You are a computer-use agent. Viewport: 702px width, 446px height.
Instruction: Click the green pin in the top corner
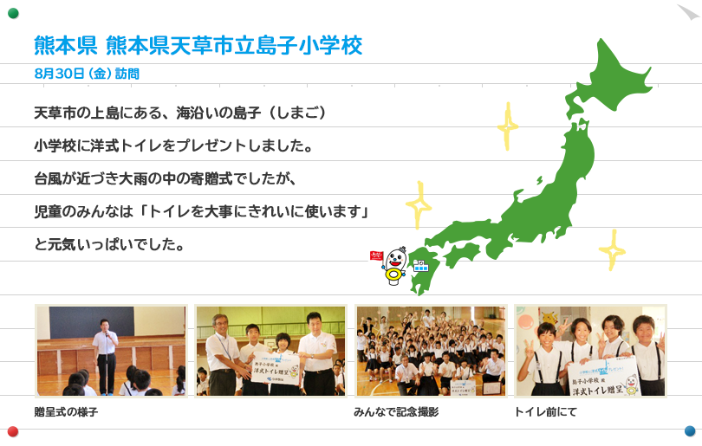13,13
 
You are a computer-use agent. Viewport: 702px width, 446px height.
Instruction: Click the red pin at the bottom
13,431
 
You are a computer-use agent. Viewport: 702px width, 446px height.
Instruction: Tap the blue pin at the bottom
690,430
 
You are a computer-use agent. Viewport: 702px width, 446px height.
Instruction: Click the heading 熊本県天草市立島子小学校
234,46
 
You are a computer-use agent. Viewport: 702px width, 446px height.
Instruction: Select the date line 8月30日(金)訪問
87,74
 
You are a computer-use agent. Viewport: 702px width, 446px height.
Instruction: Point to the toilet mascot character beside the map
395,266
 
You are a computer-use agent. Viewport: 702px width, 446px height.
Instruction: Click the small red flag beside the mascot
376,255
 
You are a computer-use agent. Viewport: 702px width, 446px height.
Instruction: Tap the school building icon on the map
420,265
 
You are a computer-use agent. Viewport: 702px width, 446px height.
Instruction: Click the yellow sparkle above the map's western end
419,205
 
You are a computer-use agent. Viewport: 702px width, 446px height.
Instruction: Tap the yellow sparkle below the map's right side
613,250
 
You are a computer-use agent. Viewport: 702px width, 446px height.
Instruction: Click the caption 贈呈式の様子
66,411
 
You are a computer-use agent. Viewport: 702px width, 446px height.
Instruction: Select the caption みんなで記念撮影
396,411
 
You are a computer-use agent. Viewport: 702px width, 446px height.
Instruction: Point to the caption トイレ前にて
545,411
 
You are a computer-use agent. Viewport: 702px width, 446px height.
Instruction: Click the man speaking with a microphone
106,356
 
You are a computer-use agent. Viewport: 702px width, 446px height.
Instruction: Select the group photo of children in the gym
431,351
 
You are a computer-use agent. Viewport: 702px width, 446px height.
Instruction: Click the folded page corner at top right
689,11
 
